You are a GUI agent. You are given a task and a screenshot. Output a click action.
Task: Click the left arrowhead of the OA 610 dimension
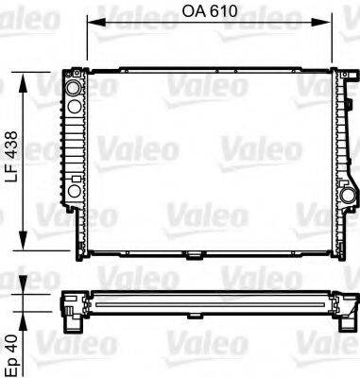click(91, 26)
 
